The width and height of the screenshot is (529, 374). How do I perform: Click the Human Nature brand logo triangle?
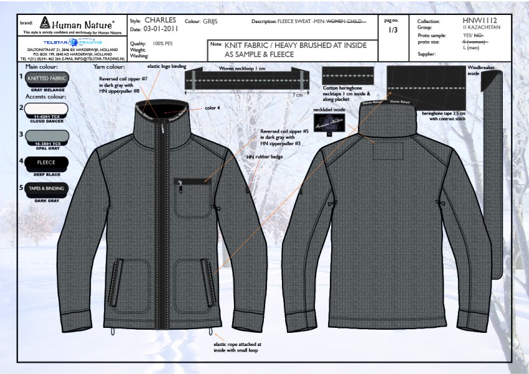45,24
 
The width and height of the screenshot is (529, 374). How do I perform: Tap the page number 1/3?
393,30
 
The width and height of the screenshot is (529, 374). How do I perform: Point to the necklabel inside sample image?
329,125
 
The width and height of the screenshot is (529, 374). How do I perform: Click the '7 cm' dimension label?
297,95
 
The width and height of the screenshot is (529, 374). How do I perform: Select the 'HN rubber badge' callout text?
264,156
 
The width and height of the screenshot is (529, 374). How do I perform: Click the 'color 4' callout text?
213,108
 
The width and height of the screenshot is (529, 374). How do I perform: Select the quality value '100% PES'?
165,43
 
